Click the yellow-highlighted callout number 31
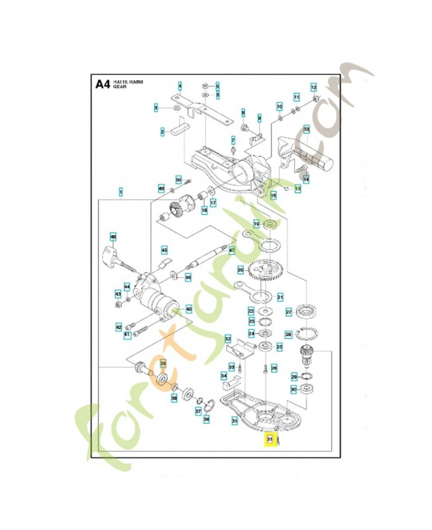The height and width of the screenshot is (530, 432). pyautogui.click(x=270, y=439)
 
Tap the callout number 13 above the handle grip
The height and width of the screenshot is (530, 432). pyautogui.click(x=307, y=129)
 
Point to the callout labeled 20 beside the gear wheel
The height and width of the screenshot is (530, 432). pyautogui.click(x=241, y=270)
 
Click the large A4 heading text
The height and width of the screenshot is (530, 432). pyautogui.click(x=102, y=84)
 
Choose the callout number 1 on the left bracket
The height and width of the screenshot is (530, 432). pyautogui.click(x=121, y=191)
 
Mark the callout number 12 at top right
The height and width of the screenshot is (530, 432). pyautogui.click(x=314, y=87)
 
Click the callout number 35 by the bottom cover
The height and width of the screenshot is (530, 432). pyautogui.click(x=235, y=420)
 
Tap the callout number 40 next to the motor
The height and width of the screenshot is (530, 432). pyautogui.click(x=189, y=309)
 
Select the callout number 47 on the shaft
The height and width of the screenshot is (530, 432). pyautogui.click(x=232, y=250)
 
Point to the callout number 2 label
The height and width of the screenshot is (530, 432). pyautogui.click(x=162, y=132)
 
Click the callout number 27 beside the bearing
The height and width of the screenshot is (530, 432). pyautogui.click(x=289, y=311)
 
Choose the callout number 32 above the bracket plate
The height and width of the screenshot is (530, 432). pyautogui.click(x=227, y=338)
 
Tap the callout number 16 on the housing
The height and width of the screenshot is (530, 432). pyautogui.click(x=273, y=196)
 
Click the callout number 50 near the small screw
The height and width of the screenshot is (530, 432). pyautogui.click(x=178, y=179)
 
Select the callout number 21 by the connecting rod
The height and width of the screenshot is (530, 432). pyautogui.click(x=280, y=297)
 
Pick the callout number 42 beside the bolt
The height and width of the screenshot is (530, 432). pyautogui.click(x=119, y=327)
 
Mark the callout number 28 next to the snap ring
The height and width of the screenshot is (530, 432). pyautogui.click(x=288, y=335)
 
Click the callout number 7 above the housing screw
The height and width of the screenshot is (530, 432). pyautogui.click(x=233, y=140)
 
